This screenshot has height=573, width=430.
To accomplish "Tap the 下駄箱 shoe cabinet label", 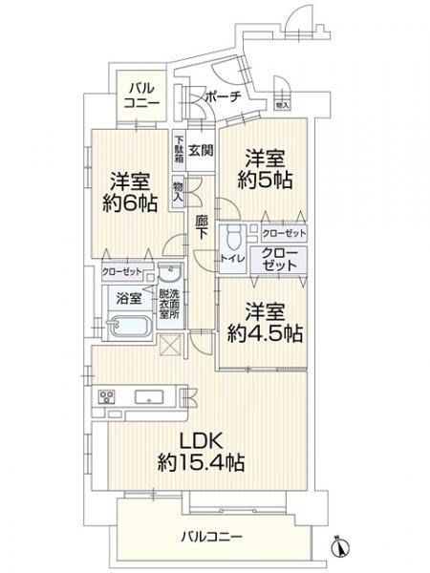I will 179,153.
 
